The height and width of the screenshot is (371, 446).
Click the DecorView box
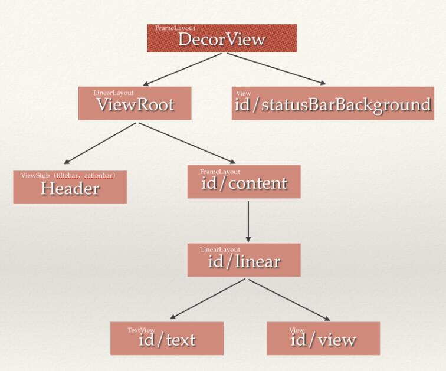[x=221, y=39]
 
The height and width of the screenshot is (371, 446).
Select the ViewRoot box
[x=135, y=104]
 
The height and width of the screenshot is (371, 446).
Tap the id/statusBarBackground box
[x=333, y=104]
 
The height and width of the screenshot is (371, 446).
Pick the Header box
[x=70, y=188]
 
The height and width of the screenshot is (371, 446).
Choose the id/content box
[x=244, y=182]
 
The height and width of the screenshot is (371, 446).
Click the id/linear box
[x=244, y=260]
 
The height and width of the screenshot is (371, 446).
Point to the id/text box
[x=167, y=339]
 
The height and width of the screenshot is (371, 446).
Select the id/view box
[x=323, y=339]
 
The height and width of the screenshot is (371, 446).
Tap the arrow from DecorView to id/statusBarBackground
[x=275, y=68]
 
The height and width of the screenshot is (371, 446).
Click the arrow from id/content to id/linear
[x=248, y=221]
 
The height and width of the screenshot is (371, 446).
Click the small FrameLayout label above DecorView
[x=175, y=28]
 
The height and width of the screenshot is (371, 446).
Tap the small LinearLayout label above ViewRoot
[x=113, y=93]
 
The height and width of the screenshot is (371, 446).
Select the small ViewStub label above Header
[x=71, y=175]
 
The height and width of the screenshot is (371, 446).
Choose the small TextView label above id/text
[x=142, y=330]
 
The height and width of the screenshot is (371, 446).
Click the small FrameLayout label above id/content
[x=220, y=172]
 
